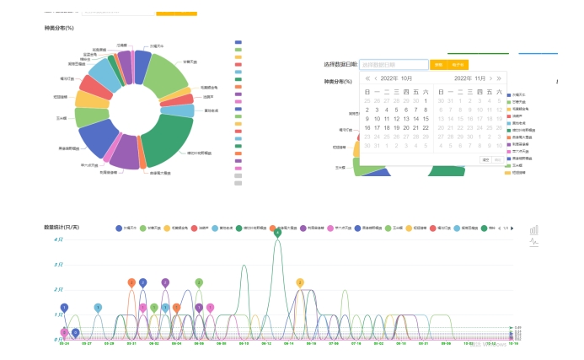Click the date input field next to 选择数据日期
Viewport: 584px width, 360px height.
click(394, 65)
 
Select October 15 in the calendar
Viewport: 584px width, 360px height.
click(426, 118)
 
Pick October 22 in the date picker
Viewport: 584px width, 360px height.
click(426, 127)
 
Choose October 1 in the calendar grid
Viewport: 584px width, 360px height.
click(426, 100)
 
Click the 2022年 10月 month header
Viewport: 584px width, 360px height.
click(395, 78)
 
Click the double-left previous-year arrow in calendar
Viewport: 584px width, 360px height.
click(367, 78)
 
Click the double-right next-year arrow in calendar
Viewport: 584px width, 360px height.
click(499, 78)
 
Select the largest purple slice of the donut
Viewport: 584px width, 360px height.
click(126, 153)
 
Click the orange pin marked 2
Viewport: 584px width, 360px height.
click(131, 282)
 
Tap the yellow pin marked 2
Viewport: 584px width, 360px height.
click(300, 282)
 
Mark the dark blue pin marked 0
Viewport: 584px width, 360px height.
click(75, 332)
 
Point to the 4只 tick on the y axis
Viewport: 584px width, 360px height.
click(58, 239)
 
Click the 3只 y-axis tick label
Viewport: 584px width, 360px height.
click(58, 264)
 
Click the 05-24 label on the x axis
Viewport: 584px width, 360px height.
click(64, 343)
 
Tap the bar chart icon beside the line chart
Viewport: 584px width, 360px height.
click(533, 229)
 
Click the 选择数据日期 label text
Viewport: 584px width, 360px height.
click(340, 65)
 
